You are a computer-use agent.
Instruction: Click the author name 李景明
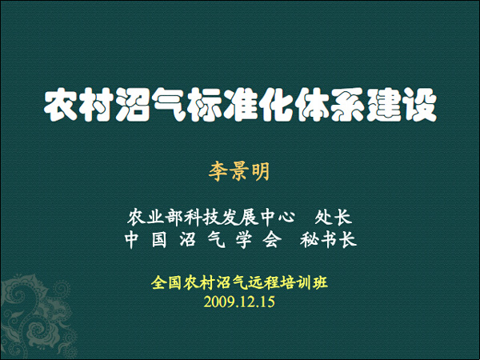pyautogui.click(x=239, y=171)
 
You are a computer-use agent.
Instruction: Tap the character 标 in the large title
pyautogui.click(x=206, y=105)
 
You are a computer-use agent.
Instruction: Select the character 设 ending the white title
pyautogui.click(x=420, y=105)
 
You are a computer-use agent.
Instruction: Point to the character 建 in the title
pyautogui.click(x=384, y=105)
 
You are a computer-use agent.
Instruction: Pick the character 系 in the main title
pyautogui.click(x=348, y=105)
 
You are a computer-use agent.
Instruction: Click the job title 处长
pyautogui.click(x=334, y=218)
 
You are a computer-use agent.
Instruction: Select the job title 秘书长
pyautogui.click(x=328, y=240)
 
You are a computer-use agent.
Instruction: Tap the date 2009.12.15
pyautogui.click(x=239, y=302)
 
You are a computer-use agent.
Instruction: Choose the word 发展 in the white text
pyautogui.click(x=238, y=218)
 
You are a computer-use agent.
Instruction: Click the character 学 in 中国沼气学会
pyautogui.click(x=244, y=240)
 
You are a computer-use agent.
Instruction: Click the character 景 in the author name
pyautogui.click(x=239, y=171)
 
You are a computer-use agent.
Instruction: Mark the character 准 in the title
pyautogui.click(x=241, y=105)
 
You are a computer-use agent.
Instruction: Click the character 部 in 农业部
pyautogui.click(x=174, y=218)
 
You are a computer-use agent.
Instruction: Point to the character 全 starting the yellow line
pyautogui.click(x=158, y=282)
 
